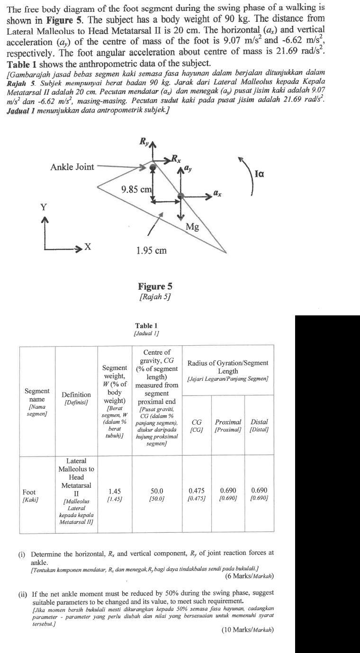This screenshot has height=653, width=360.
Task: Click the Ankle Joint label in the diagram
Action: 72,167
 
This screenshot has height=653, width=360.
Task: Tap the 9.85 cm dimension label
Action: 136,189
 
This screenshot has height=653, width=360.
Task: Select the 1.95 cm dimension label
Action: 151,250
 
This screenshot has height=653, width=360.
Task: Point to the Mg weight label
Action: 192,227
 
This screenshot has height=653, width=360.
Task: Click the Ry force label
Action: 144,141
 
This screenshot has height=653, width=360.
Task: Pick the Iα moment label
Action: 259,174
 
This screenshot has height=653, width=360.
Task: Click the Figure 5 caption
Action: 155,286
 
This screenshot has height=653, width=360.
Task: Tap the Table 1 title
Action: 146,326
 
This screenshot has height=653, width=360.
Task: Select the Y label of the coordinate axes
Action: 44,207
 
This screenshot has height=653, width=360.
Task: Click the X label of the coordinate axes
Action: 87,247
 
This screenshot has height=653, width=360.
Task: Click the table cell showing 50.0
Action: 156,492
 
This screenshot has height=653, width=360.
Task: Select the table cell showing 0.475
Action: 197,492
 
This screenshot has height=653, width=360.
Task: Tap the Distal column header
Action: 259,422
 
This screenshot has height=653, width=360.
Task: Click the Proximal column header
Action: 228,422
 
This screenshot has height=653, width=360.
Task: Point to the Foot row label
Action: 29,492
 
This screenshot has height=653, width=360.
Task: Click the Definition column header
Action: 76,394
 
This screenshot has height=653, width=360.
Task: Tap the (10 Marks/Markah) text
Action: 247,630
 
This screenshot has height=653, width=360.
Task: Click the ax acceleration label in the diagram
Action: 217,193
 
